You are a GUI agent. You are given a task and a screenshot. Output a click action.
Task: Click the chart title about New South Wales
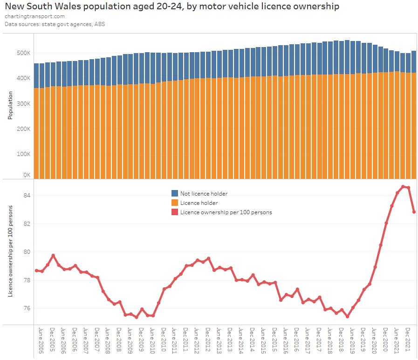pyautogui.click(x=172, y=7)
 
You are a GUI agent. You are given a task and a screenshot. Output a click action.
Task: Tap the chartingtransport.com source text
pyautogui.click(x=34, y=16)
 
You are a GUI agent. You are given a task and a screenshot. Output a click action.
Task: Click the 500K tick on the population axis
pyautogui.click(x=23, y=53)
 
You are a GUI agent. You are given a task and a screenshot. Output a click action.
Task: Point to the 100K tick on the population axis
pyautogui.click(x=23, y=154)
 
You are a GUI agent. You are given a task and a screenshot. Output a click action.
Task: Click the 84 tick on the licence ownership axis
pyautogui.click(x=26, y=195)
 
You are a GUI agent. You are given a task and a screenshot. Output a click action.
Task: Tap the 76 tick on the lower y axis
pyautogui.click(x=26, y=308)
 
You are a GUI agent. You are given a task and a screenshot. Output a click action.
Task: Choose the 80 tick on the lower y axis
pyautogui.click(x=26, y=252)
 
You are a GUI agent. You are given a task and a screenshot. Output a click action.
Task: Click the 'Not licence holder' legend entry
pyautogui.click(x=204, y=193)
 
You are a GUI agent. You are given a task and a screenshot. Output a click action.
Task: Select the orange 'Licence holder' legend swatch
pyautogui.click(x=175, y=203)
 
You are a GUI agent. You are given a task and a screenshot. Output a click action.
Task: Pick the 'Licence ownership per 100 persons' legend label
pyautogui.click(x=226, y=212)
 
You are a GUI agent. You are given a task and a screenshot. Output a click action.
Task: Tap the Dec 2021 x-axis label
pyautogui.click(x=408, y=340)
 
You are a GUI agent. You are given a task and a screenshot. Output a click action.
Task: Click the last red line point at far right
pyautogui.click(x=414, y=212)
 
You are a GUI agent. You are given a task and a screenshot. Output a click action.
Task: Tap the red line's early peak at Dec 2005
pyautogui.click(x=53, y=255)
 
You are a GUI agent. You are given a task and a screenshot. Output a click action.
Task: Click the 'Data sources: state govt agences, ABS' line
pyautogui.click(x=55, y=24)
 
